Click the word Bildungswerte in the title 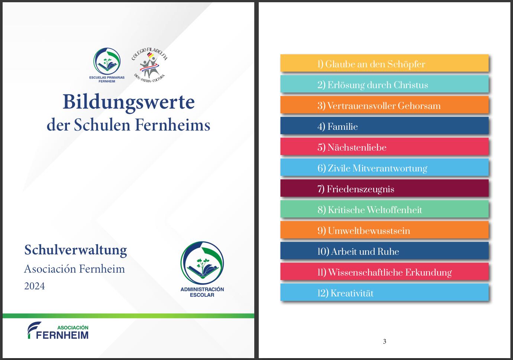coord(129,102)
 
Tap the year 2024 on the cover coord(35,286)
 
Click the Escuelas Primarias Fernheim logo coord(107,65)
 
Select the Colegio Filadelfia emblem coord(149,65)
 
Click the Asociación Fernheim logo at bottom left coord(58,330)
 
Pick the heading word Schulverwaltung coord(75,250)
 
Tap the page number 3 coord(384,341)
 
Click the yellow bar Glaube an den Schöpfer coord(384,63)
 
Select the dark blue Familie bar coord(384,126)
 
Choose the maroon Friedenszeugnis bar coord(384,188)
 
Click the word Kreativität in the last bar coord(352,293)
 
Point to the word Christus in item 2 coord(411,85)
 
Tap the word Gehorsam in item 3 coord(419,106)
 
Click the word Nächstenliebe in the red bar coord(357,147)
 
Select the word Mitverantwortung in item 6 coord(390,168)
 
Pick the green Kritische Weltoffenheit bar coord(384,209)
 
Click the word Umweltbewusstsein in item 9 coord(369,231)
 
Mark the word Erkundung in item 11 coord(429,273)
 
